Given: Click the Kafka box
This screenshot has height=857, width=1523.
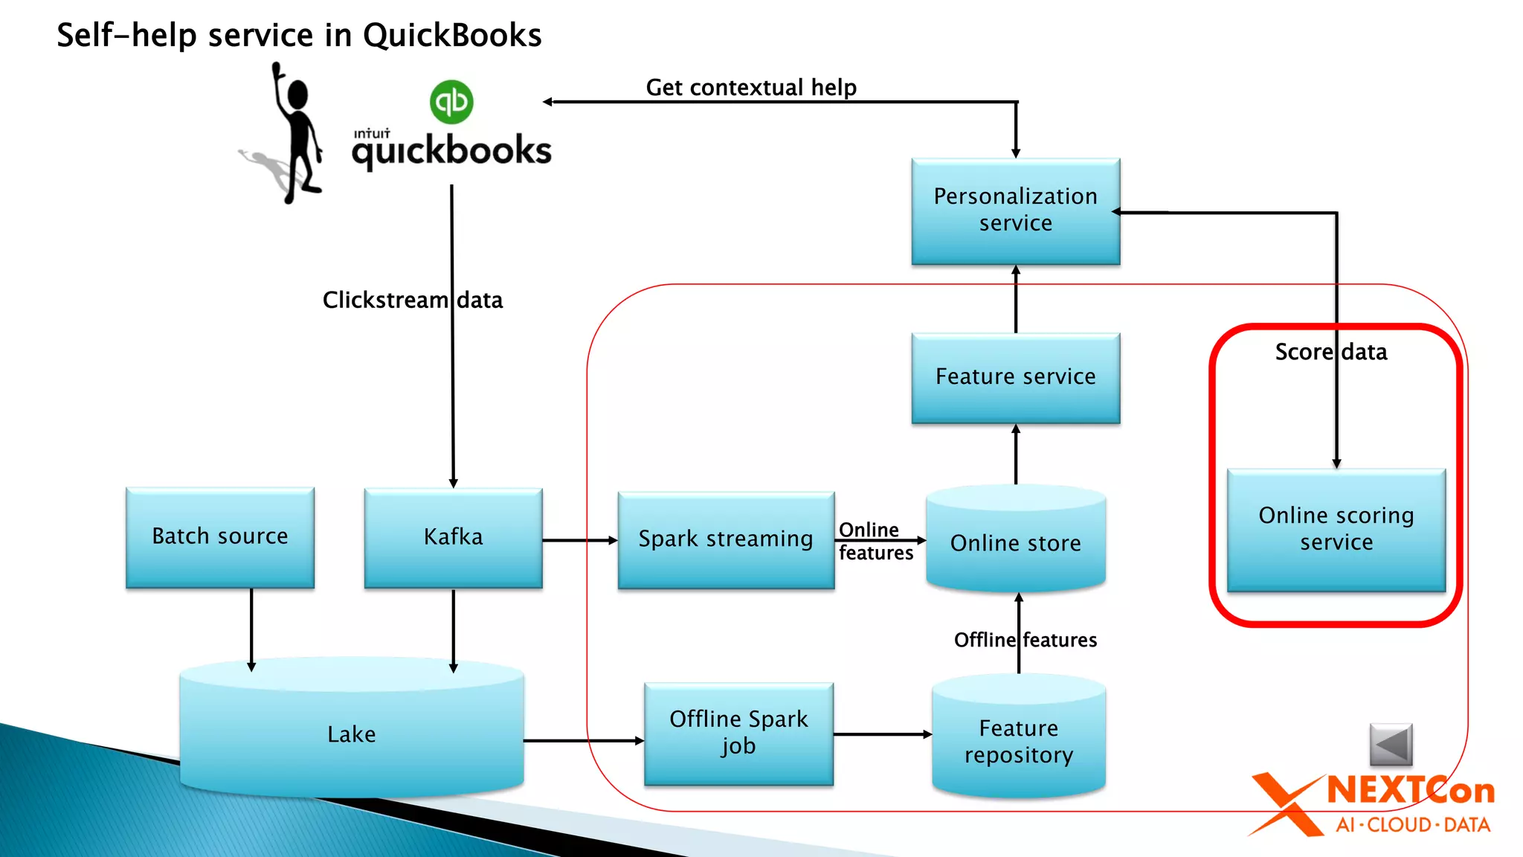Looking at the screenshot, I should point(453,537).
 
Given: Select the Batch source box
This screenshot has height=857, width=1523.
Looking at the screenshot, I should point(220,536).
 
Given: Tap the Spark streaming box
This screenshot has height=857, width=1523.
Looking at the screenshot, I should point(726,539).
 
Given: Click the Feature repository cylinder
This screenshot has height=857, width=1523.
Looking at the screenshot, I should point(1019,741).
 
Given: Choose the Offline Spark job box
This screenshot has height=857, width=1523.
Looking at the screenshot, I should point(738,734).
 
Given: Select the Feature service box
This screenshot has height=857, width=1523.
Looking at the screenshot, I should point(1016,377).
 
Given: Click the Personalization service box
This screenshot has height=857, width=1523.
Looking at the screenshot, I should point(1016,211).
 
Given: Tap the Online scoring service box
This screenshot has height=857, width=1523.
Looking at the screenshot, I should point(1336,530).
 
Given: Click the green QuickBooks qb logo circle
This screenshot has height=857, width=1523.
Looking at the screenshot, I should point(451,102).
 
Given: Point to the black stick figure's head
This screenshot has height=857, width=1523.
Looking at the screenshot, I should point(297,95).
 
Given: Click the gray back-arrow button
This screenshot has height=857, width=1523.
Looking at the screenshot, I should point(1391,744).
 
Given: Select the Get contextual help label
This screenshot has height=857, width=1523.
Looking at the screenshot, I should point(751,88).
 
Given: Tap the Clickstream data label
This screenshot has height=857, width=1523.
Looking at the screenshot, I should point(413,300).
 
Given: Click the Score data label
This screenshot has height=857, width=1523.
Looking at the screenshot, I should point(1331,352).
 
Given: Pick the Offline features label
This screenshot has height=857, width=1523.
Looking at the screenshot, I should point(1025,640).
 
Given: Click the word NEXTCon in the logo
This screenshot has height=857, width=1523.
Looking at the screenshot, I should point(1411,791).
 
